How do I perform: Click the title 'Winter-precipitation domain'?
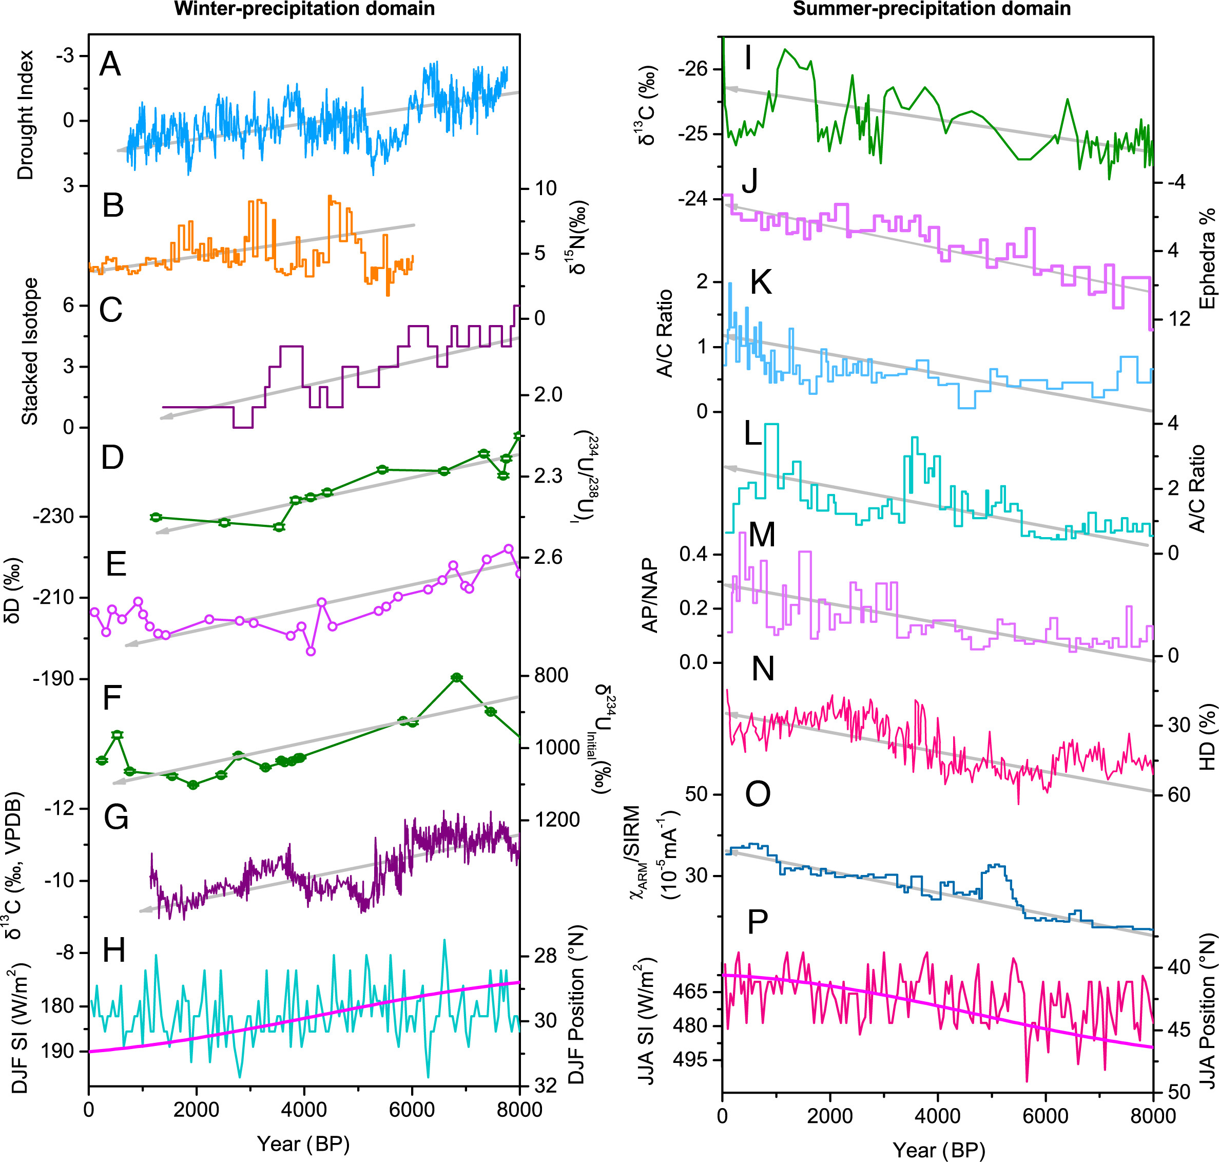tap(304, 9)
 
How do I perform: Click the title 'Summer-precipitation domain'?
tap(931, 9)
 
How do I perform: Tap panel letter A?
tap(110, 64)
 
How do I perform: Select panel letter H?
tap(114, 950)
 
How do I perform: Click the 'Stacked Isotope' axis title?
tap(30, 351)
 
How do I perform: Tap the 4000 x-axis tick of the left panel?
tap(303, 1109)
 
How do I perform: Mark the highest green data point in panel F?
tap(457, 677)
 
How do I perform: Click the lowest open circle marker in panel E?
tap(311, 651)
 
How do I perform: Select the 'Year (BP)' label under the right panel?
tap(938, 1150)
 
